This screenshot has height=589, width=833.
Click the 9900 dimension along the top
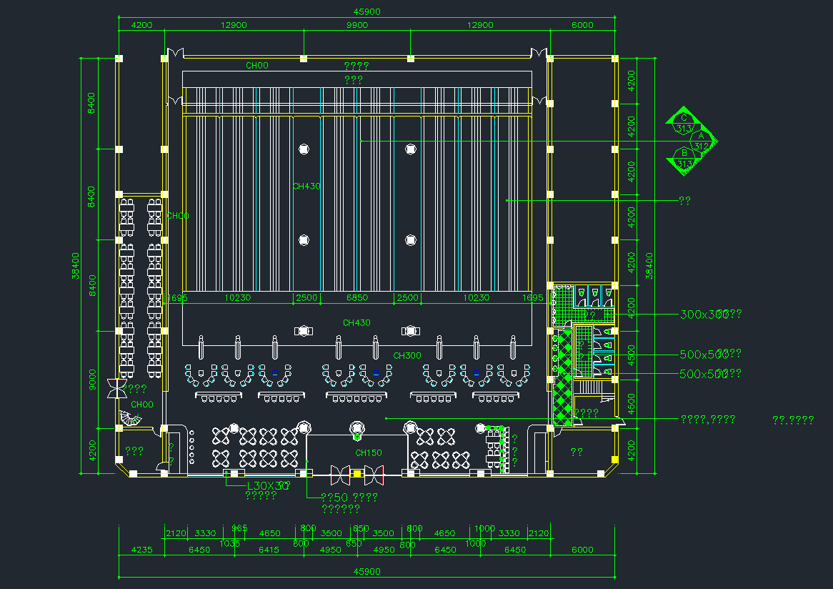click(357, 25)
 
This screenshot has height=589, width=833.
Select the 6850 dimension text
click(357, 297)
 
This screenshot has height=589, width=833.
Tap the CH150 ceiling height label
click(369, 452)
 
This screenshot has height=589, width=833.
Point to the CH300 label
click(407, 355)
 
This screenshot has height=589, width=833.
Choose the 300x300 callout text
click(703, 314)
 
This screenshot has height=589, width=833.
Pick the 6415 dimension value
click(269, 550)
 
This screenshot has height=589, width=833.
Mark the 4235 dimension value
click(141, 550)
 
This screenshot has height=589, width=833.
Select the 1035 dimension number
click(229, 543)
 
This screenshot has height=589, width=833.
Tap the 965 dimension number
click(239, 528)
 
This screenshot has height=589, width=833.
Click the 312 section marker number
click(702, 146)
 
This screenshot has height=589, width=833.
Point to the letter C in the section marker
click(684, 118)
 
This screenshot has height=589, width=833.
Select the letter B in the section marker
click(684, 153)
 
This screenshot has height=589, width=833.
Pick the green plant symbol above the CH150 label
click(357, 430)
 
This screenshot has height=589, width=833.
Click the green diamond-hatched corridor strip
click(564, 379)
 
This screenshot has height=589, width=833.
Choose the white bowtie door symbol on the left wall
click(116, 389)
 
